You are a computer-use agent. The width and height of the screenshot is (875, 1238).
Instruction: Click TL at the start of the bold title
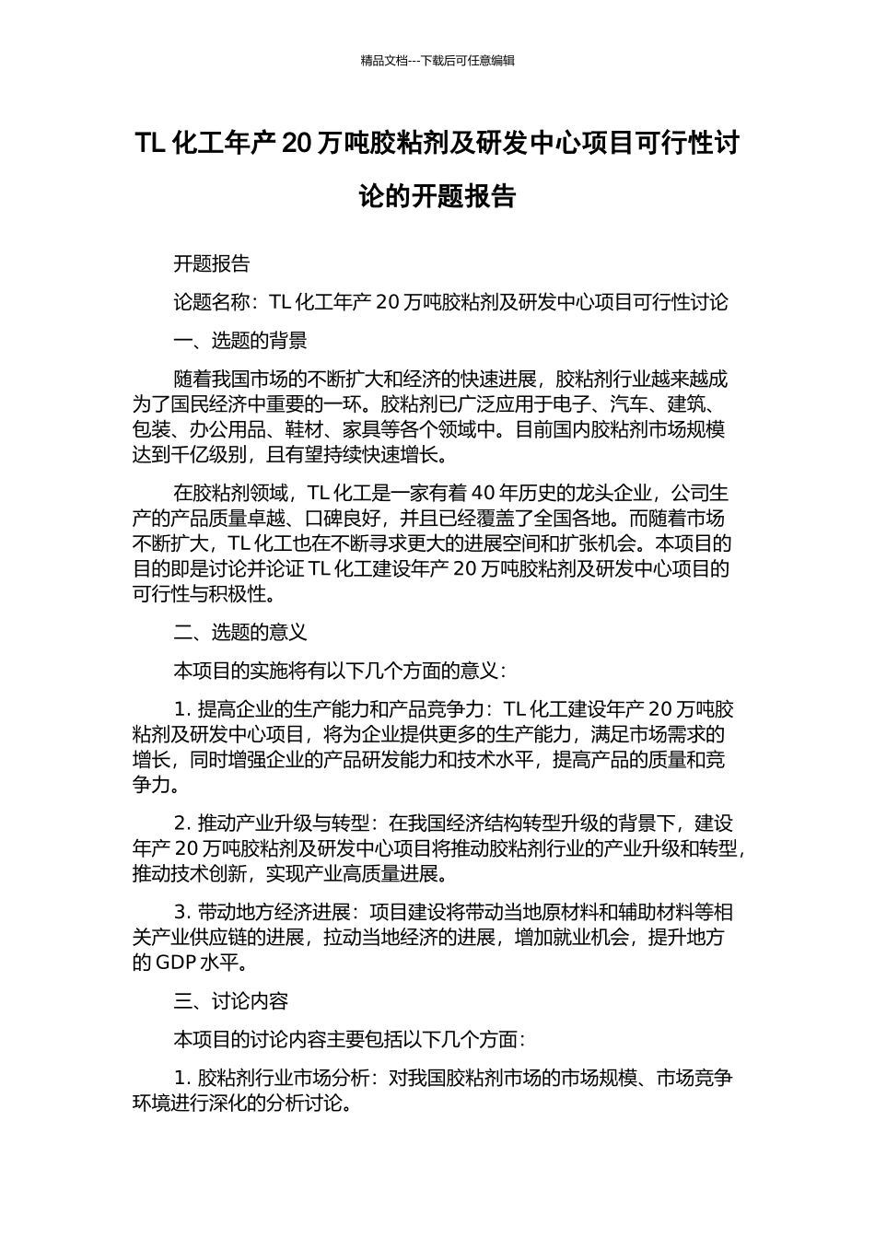coord(150,144)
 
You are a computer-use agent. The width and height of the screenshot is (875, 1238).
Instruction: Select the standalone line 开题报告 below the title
coord(212,263)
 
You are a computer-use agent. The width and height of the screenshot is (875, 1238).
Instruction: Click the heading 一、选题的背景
coord(240,341)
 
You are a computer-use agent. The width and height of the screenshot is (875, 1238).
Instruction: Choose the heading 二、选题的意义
coord(240,632)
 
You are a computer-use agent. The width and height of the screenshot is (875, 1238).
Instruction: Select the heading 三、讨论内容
coord(231,1000)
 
